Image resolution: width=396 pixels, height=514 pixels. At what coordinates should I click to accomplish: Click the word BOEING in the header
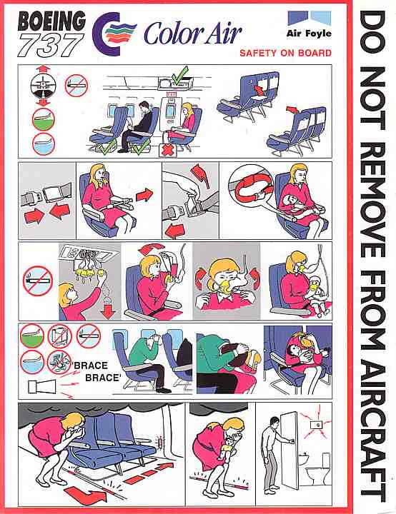pos(51,22)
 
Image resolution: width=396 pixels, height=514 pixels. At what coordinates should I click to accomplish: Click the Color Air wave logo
pos(114,34)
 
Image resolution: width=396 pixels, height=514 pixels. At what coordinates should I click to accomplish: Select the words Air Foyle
pos(309,33)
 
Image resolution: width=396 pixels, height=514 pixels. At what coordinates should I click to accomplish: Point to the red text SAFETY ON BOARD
pos(285,53)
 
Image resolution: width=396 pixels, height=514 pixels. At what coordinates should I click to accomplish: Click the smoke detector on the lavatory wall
pos(317,425)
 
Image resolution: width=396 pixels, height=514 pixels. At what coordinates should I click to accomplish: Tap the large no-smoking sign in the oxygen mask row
pos(38,281)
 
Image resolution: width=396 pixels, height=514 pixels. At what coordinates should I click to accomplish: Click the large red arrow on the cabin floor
pos(86,493)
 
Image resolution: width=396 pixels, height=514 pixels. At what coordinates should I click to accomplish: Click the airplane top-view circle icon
pos(44,86)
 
